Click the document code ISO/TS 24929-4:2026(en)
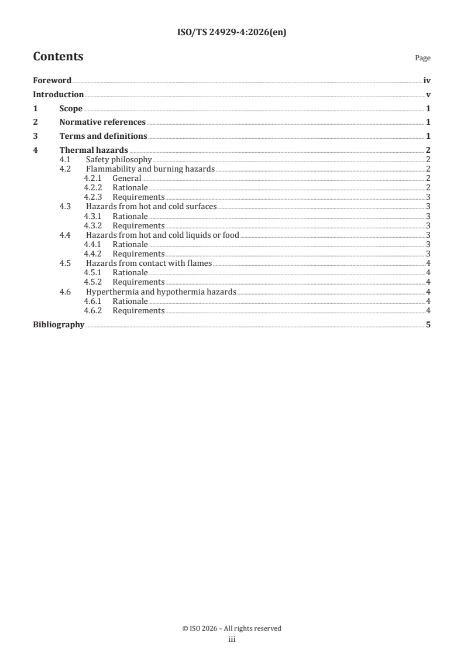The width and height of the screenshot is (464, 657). click(x=232, y=33)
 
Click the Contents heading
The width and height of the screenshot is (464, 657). click(x=58, y=57)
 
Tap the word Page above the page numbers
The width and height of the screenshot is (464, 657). click(x=422, y=58)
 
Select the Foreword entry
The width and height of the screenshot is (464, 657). click(x=52, y=80)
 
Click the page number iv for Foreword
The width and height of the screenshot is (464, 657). click(x=427, y=80)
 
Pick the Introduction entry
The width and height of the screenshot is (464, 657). click(x=58, y=94)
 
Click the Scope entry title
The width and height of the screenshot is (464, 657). click(x=71, y=108)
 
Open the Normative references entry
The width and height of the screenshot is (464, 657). click(x=102, y=122)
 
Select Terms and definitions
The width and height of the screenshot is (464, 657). click(x=103, y=136)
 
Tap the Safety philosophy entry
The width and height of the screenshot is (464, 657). click(x=119, y=160)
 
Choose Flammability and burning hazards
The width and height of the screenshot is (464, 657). click(x=150, y=169)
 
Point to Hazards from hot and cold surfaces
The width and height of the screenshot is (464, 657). click(x=151, y=207)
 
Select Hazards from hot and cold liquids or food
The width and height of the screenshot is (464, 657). click(x=163, y=235)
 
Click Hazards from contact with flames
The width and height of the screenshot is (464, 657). click(x=149, y=263)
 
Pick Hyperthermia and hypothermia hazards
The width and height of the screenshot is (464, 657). click(x=161, y=291)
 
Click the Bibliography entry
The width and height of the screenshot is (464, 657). click(x=59, y=324)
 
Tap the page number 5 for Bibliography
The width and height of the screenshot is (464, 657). click(x=429, y=324)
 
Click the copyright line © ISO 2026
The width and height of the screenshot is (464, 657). click(x=232, y=628)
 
